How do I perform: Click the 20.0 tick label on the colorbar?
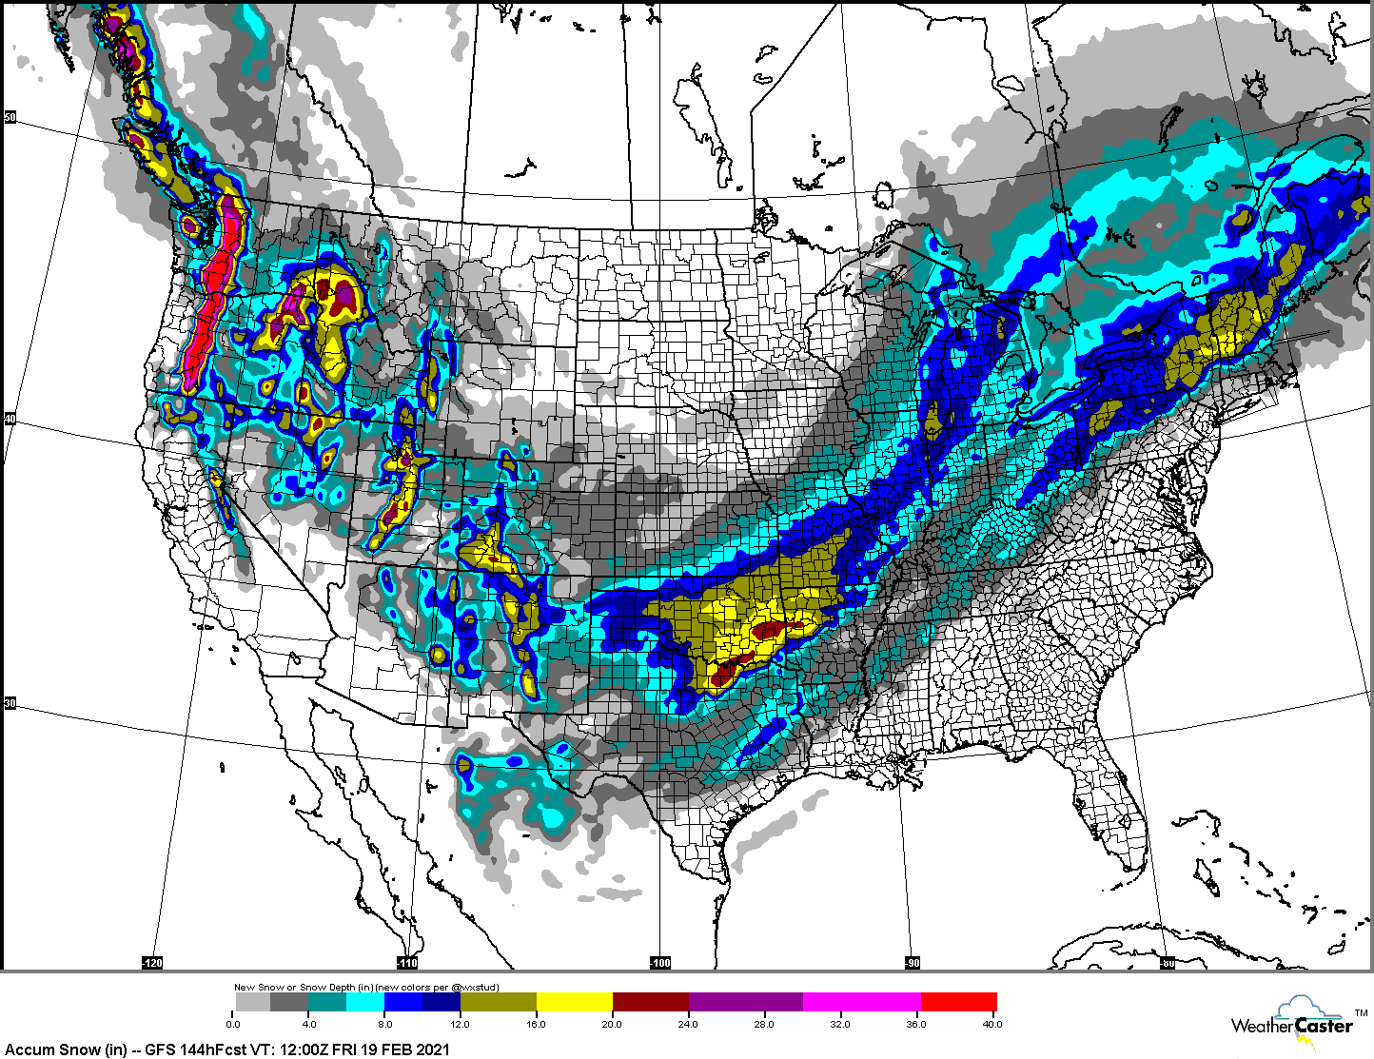click(612, 1024)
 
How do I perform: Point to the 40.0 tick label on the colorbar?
click(992, 1024)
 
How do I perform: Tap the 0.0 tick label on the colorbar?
click(233, 1024)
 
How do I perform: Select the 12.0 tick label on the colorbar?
click(461, 1024)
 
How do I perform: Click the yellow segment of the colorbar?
click(574, 1002)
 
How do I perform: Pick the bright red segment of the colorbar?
click(958, 1002)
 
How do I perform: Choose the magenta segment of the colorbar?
click(861, 1002)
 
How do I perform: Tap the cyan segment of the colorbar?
click(365, 1002)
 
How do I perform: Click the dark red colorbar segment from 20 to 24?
click(650, 1002)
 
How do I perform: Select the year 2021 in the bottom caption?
click(432, 1049)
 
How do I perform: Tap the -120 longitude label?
click(152, 963)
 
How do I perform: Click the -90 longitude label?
click(912, 963)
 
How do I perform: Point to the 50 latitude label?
click(10, 117)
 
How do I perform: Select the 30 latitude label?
click(10, 703)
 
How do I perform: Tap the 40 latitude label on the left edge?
click(10, 419)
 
